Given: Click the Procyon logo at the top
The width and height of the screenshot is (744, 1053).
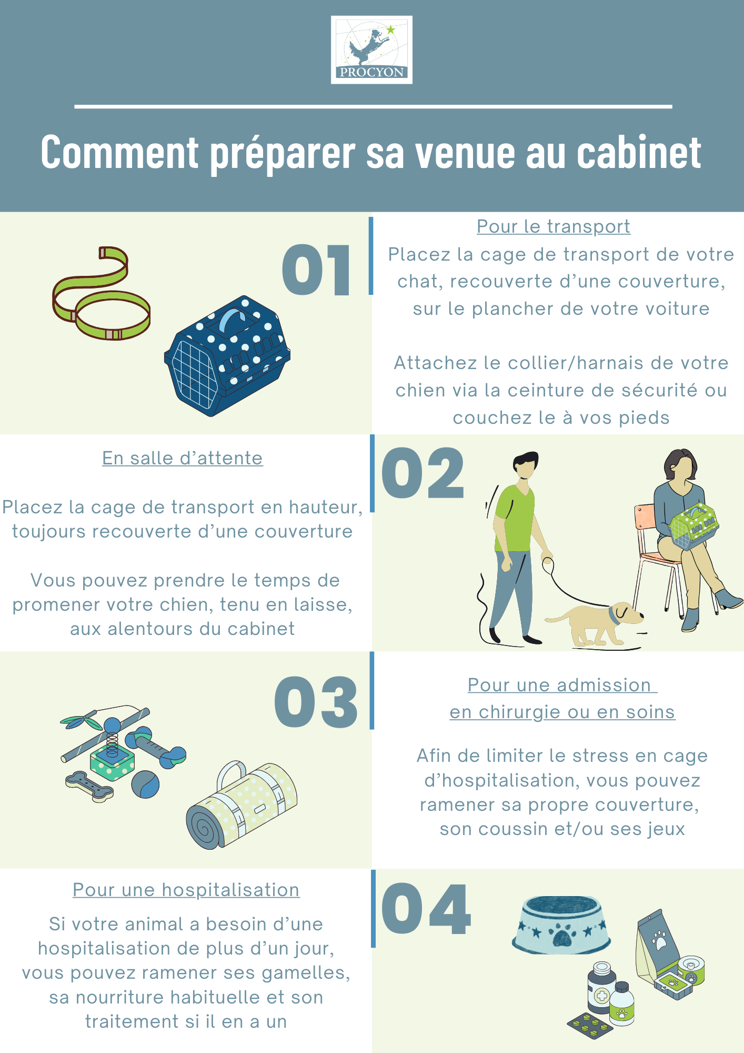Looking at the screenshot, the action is (x=371, y=49).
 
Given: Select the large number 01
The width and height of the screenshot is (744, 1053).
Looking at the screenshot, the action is (x=316, y=270).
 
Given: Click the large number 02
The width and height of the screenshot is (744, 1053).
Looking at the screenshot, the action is (x=423, y=473).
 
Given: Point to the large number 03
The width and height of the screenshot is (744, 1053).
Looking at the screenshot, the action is (x=316, y=702).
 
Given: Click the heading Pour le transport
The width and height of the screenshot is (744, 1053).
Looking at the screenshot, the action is (x=554, y=226).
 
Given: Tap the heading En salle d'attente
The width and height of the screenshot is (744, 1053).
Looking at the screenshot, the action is (x=183, y=458).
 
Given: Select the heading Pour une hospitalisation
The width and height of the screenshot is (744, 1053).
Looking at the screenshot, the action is (x=186, y=890).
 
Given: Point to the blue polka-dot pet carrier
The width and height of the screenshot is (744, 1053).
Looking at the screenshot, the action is (x=227, y=356).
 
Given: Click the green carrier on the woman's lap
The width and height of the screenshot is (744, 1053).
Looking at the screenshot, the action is (x=693, y=525).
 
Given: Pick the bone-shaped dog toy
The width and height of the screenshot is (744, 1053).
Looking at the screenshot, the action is (x=89, y=786).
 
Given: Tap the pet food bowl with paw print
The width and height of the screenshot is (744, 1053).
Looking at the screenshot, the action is (x=561, y=925).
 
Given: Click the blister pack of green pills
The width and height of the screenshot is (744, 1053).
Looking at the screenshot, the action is (x=590, y=1025).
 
